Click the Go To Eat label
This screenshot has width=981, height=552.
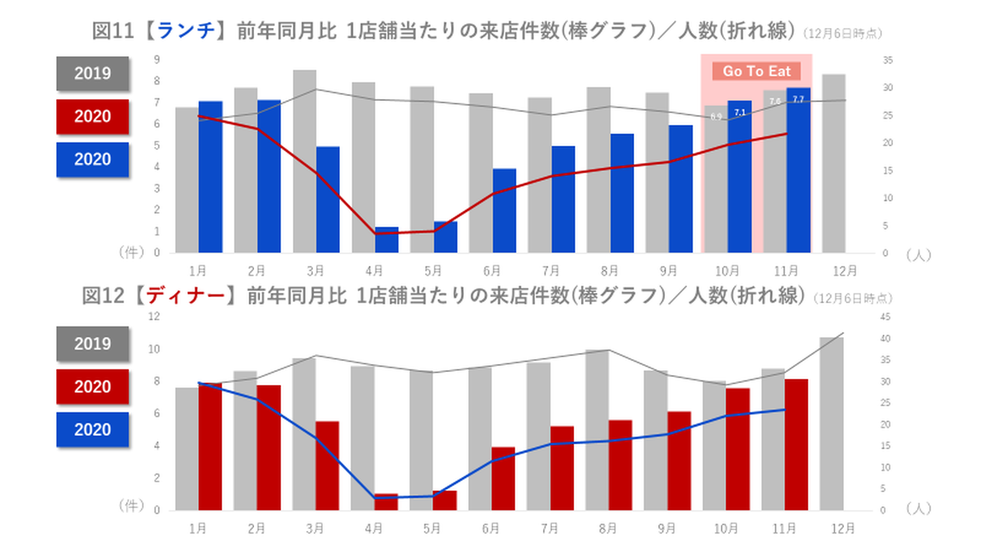tap(756, 72)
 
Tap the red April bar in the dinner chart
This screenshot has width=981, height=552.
tap(386, 502)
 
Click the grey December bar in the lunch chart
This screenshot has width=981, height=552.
tap(834, 164)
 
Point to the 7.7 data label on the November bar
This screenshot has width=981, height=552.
tap(798, 99)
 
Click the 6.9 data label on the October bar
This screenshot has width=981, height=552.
tap(716, 117)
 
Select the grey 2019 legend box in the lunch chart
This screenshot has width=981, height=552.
tap(93, 74)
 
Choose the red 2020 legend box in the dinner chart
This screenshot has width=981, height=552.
tap(93, 387)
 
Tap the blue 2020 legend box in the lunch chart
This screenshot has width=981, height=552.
tap(93, 159)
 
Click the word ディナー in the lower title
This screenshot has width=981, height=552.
tap(186, 296)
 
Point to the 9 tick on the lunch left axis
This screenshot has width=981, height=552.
tap(157, 59)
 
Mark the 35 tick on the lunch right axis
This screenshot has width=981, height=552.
tap(888, 61)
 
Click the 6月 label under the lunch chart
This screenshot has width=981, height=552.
tap(491, 270)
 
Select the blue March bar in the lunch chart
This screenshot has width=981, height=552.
tap(328, 199)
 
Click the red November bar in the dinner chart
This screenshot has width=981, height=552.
tap(796, 444)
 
